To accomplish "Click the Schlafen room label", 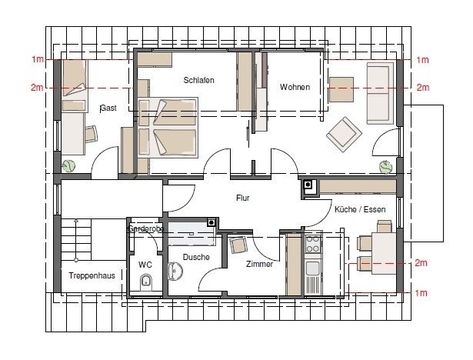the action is (198, 80).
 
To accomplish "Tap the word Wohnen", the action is (295, 87).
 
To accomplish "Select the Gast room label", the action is (108, 108).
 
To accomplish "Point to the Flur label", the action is (243, 198).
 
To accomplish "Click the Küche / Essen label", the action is (360, 209).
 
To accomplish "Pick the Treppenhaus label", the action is (92, 275).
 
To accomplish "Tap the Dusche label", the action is (196, 257).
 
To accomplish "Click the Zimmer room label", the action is (259, 265).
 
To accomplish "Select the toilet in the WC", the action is (146, 282).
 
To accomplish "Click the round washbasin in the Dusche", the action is (175, 271).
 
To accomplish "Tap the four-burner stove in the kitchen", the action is (313, 244).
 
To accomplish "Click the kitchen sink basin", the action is (312, 268).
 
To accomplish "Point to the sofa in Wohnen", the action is (380, 93).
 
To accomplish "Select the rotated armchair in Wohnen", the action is (345, 135).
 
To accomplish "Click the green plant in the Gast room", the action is (68, 166).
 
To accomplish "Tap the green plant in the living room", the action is (386, 167).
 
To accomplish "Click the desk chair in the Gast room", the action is (91, 134).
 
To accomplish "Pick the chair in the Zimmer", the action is (238, 245).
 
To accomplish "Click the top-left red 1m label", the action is (38, 59).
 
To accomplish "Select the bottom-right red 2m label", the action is (421, 263).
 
